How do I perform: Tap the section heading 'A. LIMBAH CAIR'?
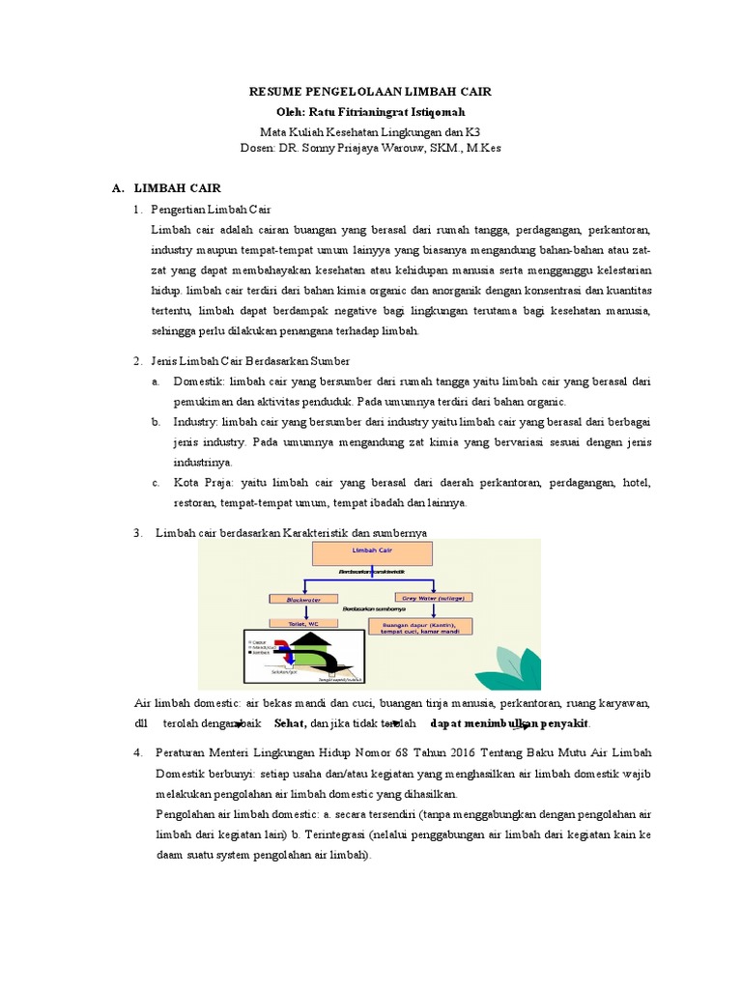point(167,189)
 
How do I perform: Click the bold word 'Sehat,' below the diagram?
point(290,723)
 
